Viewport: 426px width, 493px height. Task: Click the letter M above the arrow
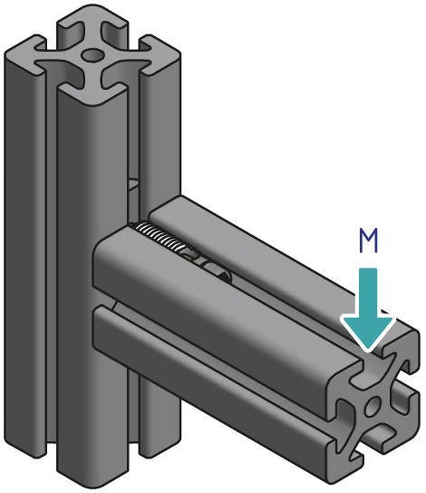point(369,241)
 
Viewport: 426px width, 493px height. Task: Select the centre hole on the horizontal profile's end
point(372,405)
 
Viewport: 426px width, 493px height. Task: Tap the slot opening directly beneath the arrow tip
point(372,368)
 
